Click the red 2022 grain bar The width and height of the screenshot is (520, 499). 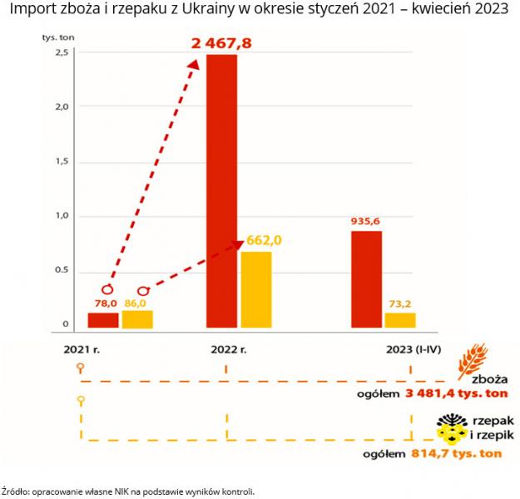[x=221, y=191]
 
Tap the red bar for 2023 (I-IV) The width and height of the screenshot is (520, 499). [x=366, y=279]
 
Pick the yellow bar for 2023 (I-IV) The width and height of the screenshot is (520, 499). [x=400, y=320]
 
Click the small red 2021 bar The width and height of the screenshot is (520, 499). [x=103, y=320]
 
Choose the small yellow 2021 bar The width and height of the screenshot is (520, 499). [x=137, y=319]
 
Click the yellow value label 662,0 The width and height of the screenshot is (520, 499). [x=265, y=240]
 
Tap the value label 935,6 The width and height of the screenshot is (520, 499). [x=366, y=221]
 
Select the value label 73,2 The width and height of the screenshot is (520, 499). [x=400, y=304]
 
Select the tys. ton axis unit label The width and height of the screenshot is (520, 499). [x=57, y=38]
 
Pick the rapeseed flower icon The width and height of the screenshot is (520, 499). [x=451, y=428]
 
